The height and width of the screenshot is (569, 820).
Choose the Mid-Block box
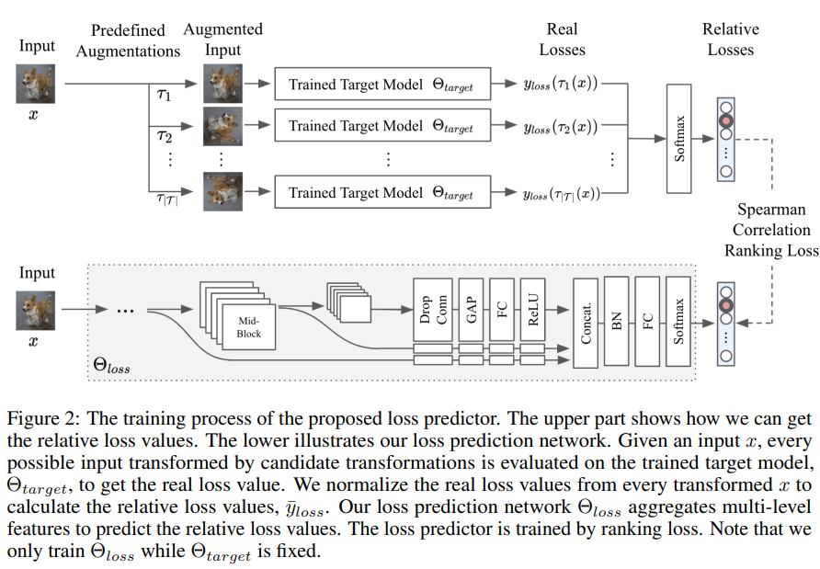click(x=249, y=327)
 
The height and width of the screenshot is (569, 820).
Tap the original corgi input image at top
click(x=36, y=84)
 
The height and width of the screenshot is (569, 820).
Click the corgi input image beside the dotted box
click(x=36, y=309)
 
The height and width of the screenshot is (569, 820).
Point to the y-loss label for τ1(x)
click(x=560, y=85)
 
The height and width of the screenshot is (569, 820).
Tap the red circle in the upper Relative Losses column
click(x=727, y=121)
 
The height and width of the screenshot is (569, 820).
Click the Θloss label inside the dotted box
click(x=113, y=367)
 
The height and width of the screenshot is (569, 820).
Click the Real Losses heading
click(x=562, y=39)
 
